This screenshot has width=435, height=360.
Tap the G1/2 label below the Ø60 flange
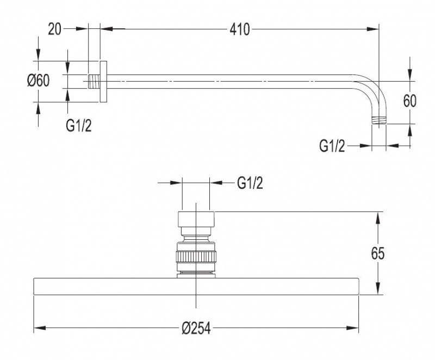(x=79, y=126)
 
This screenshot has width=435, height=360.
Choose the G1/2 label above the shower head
(x=250, y=183)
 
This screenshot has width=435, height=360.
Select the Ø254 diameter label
(x=196, y=328)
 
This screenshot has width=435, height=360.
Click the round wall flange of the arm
(x=103, y=81)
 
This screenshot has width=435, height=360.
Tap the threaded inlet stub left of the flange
(x=94, y=81)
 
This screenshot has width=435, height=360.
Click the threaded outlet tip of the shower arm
(x=379, y=120)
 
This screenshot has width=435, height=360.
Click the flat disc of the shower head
(x=196, y=287)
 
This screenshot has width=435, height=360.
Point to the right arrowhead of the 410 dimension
(x=375, y=30)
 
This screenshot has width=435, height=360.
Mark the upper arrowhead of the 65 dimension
(x=377, y=216)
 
